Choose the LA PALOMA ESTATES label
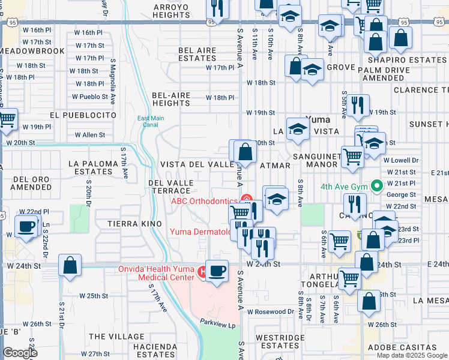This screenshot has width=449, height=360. (x=90, y=167)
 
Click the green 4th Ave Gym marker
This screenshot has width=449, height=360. (x=376, y=186)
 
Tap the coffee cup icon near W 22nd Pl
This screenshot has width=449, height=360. (x=26, y=226)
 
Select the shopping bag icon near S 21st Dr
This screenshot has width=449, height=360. (x=70, y=265)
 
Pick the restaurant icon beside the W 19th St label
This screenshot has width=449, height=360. (x=358, y=104)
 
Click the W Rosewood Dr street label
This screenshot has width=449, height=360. (x=274, y=311)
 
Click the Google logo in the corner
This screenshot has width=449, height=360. (x=20, y=353)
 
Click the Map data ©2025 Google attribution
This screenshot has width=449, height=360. (x=411, y=355)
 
